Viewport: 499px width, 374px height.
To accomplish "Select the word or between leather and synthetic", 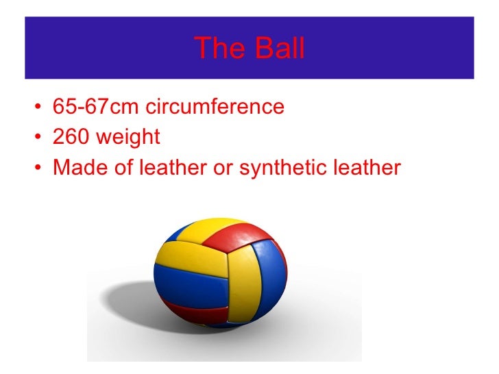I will pos(223,169).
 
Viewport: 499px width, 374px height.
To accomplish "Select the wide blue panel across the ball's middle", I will pos(192,291).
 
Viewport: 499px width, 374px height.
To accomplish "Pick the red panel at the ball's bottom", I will pos(199,315).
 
